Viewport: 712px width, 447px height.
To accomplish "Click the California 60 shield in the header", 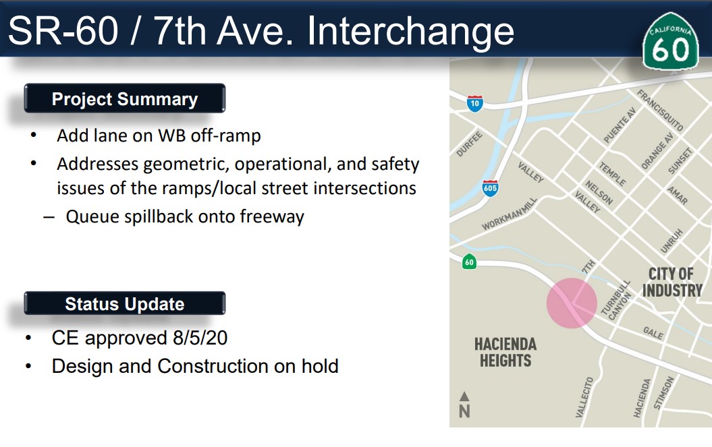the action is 670,41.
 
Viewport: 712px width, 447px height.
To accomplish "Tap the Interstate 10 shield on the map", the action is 475,103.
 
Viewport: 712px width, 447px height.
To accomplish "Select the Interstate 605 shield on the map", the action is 490,188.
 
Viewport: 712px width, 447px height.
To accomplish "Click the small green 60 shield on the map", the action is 469,262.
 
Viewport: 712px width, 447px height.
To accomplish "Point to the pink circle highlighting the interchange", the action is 572,303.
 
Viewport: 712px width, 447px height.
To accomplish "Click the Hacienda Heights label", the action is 505,352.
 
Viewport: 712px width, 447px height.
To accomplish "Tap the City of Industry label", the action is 672,282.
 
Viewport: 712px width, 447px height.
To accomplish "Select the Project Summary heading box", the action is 125,98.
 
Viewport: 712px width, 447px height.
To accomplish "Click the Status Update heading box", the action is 125,303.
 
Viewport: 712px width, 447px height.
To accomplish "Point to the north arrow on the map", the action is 464,405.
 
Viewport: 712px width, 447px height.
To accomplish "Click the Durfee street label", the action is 469,144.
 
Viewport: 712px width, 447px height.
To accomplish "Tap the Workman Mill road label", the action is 510,214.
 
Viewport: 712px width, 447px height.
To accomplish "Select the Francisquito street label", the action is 660,111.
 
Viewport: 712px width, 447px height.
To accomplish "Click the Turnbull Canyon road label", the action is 616,300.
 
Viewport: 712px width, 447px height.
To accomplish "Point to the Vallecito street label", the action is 584,397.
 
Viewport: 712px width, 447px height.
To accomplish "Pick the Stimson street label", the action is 664,393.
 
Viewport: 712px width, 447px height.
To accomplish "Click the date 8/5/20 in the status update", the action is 200,338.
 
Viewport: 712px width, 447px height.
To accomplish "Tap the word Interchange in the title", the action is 410,31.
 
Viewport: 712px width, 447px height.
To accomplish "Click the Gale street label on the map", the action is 653,332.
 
